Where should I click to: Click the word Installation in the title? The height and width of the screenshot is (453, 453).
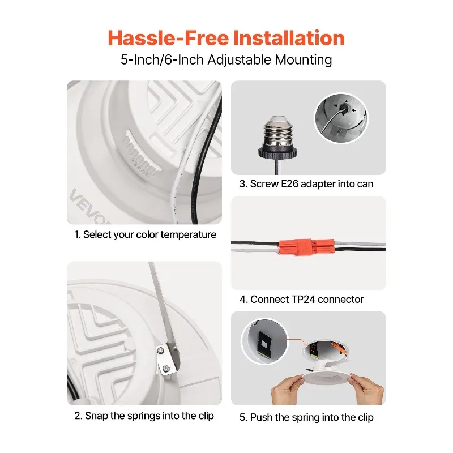tap(284, 38)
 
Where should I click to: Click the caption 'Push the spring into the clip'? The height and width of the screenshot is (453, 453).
tap(306, 418)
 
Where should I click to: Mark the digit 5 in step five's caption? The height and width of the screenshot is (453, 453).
tap(242, 418)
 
